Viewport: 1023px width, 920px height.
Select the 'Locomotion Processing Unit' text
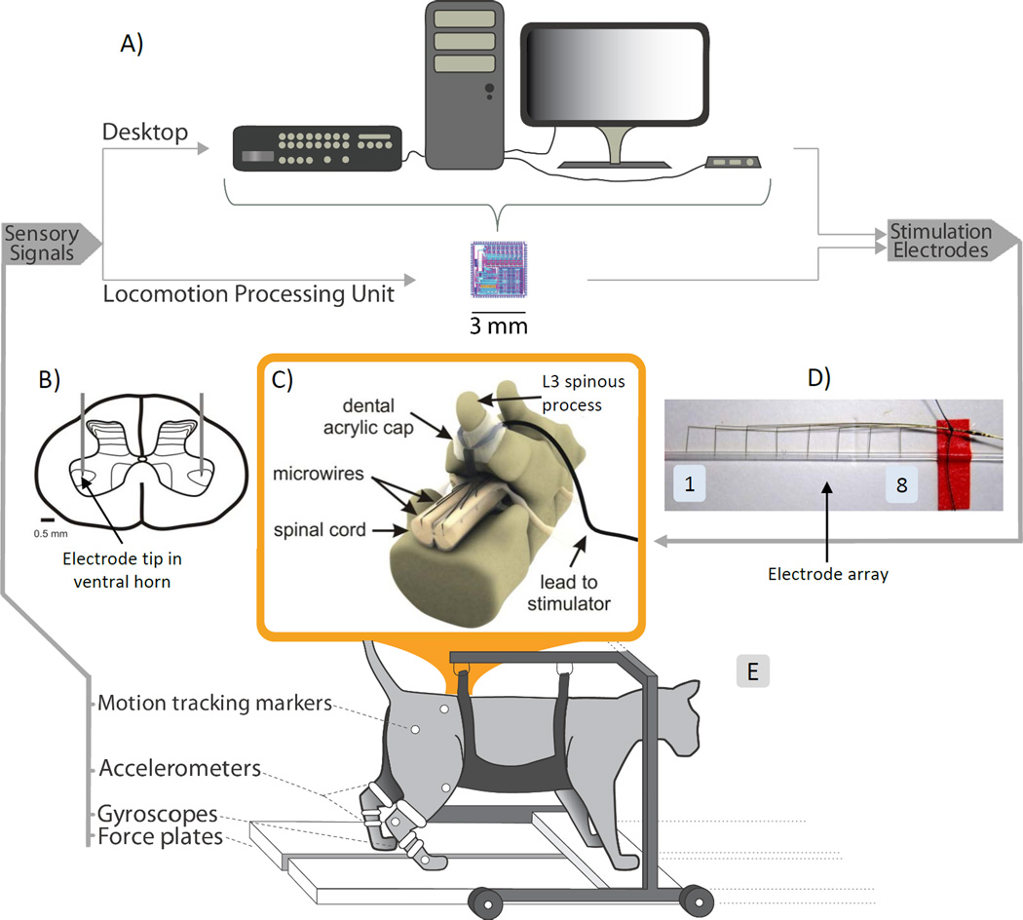(247, 292)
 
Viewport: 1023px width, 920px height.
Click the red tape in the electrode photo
(948, 458)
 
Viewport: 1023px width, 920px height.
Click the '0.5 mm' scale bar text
(51, 533)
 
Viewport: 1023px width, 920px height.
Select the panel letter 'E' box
(751, 671)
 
